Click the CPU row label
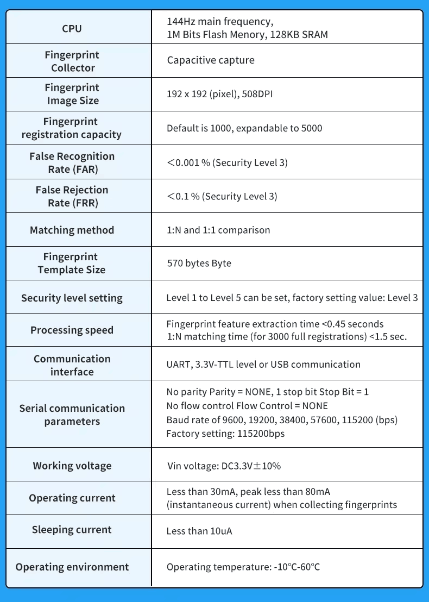[x=72, y=28]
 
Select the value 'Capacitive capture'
[x=211, y=60]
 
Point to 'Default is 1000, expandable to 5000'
[x=244, y=128]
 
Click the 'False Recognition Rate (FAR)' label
[x=72, y=162]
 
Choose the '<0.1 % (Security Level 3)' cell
[x=222, y=196]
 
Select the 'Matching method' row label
[x=72, y=230]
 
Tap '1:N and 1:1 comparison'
[x=218, y=230]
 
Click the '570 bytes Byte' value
[x=199, y=263]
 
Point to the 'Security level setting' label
[x=72, y=298]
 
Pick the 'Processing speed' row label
[x=72, y=330]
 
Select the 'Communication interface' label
[x=72, y=365]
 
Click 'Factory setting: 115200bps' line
[x=225, y=434]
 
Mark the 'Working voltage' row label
[x=72, y=466]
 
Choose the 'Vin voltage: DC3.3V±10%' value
[x=224, y=466]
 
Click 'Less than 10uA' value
[x=199, y=531]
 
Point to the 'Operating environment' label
[x=72, y=567]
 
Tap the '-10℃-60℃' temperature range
[x=296, y=567]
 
